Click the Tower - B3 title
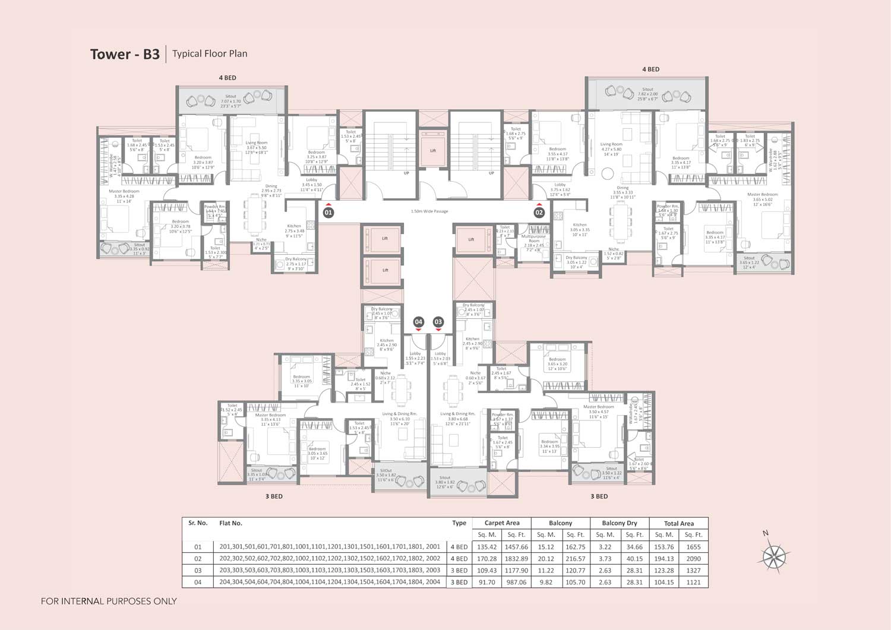(125, 54)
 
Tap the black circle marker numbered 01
(328, 212)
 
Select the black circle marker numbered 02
(539, 212)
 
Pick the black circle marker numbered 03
(438, 322)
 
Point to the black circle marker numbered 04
(418, 322)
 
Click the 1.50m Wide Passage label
(429, 211)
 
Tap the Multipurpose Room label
(534, 239)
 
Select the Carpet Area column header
(501, 523)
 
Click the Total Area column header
(678, 524)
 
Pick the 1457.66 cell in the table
(516, 547)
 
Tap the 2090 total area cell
(693, 559)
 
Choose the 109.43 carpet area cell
(486, 571)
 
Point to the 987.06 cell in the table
(516, 582)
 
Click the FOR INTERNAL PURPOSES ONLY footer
(109, 601)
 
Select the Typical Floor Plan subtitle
(210, 53)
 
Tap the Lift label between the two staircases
(433, 151)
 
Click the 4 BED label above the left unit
(227, 78)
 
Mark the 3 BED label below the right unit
(599, 496)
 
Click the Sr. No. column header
(198, 523)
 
